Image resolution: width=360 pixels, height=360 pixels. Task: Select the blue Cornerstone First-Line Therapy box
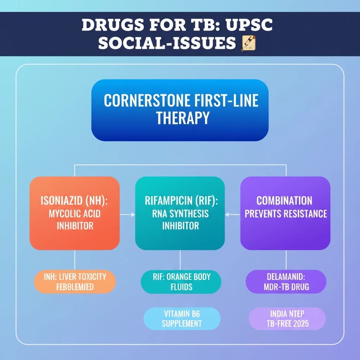pyautogui.click(x=180, y=110)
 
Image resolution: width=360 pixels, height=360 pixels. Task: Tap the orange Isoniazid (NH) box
pyautogui.click(x=75, y=213)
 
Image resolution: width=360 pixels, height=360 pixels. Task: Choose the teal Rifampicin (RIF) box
pyautogui.click(x=180, y=213)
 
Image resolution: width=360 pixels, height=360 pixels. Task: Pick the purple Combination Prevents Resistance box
pyautogui.click(x=285, y=213)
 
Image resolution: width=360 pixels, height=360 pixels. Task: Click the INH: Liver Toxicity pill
pyautogui.click(x=75, y=282)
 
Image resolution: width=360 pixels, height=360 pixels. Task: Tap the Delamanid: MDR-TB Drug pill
pyautogui.click(x=286, y=282)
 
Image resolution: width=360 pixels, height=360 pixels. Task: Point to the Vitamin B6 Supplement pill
pyautogui.click(x=182, y=318)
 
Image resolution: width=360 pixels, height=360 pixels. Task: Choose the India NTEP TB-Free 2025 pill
pyautogui.click(x=287, y=318)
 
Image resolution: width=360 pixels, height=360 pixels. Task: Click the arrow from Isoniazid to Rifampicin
pyautogui.click(x=127, y=214)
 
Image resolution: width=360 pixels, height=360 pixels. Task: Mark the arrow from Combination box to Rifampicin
pyautogui.click(x=233, y=214)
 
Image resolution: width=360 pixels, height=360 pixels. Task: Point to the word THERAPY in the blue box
pyautogui.click(x=182, y=118)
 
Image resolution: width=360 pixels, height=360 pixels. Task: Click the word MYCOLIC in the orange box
pyautogui.click(x=64, y=214)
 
